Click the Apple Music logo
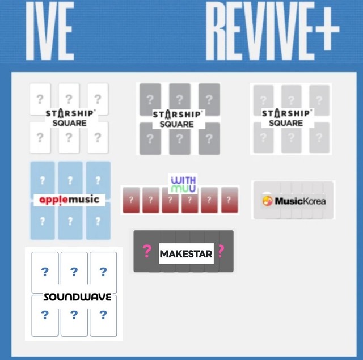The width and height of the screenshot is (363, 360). pyautogui.click(x=69, y=200)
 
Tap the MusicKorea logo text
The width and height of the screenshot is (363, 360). pyautogui.click(x=300, y=201)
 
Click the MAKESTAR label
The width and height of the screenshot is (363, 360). pyautogui.click(x=185, y=253)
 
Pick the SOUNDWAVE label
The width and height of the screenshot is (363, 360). pyautogui.click(x=77, y=297)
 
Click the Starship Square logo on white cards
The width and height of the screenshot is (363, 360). pyautogui.click(x=70, y=118)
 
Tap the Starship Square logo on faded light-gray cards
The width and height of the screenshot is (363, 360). pyautogui.click(x=286, y=118)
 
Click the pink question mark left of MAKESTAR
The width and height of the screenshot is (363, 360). pyautogui.click(x=147, y=251)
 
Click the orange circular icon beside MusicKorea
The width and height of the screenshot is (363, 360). pyautogui.click(x=267, y=201)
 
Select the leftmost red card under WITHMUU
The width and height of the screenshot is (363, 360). pyautogui.click(x=131, y=200)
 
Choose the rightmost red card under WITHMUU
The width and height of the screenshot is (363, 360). pyautogui.click(x=229, y=200)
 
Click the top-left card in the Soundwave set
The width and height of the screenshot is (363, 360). pyautogui.click(x=45, y=271)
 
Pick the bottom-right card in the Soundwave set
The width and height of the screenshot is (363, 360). pyautogui.click(x=103, y=315)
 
